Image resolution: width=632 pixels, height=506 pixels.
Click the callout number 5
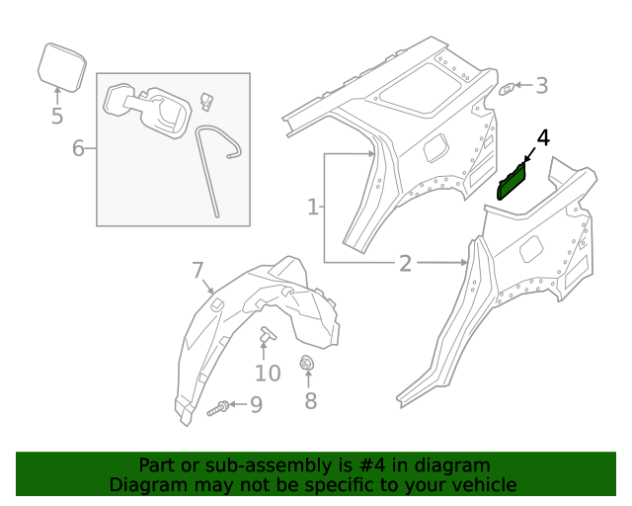pos(56,117)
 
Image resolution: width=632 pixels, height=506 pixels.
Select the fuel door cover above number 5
pos(59,64)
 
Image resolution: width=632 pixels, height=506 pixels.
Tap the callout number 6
pos(78,149)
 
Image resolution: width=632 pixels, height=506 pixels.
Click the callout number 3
pos(541,86)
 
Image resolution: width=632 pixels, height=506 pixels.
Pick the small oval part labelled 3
pos(506,88)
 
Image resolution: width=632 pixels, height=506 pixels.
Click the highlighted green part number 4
pos(513,183)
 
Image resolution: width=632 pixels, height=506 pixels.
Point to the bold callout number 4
pos(541,138)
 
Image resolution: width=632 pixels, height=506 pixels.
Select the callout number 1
pos(312,208)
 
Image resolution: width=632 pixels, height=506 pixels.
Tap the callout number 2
pos(405,263)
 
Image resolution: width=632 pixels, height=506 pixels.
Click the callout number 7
pos(197,270)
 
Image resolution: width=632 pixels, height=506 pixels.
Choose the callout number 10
pos(268,373)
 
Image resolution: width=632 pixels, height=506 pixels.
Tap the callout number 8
pos(310,401)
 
